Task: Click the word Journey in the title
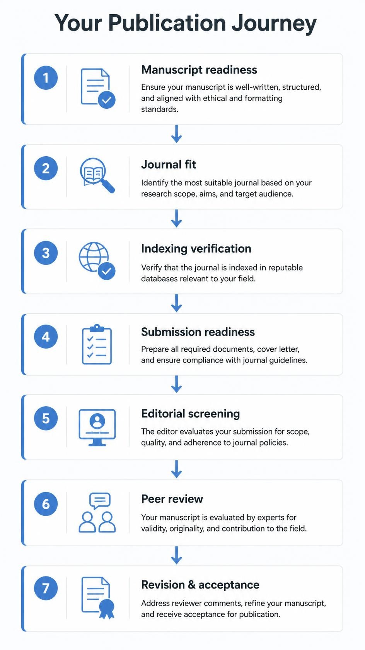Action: tap(274, 23)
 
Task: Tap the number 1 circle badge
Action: tap(46, 78)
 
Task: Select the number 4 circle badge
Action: tap(46, 337)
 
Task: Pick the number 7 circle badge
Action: tap(46, 588)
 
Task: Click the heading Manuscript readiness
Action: tap(199, 70)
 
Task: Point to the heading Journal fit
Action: tap(169, 164)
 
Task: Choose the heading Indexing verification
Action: tap(196, 249)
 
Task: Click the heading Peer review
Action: tap(172, 499)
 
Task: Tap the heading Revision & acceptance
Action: tap(200, 585)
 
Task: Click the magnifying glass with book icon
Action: tap(97, 175)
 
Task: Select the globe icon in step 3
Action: tap(94, 257)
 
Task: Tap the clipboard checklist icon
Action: tap(97, 344)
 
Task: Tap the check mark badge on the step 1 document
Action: tap(107, 100)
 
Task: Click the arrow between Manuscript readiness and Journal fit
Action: tap(177, 134)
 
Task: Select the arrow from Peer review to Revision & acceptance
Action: tap(177, 556)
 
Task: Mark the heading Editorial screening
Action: tap(191, 414)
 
